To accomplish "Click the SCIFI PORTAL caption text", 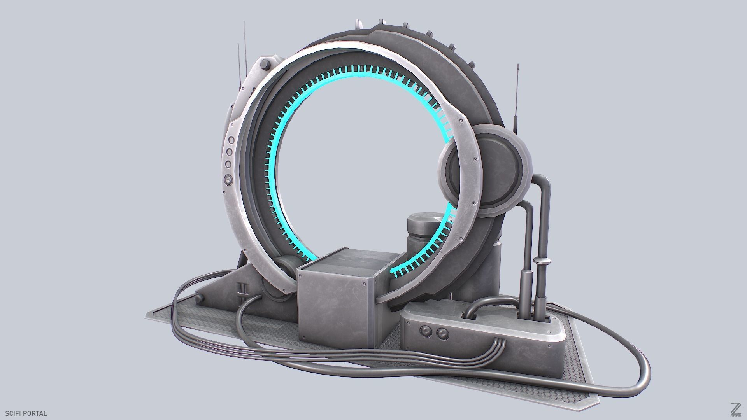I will pos(26,413).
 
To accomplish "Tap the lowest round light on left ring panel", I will pos(228,180).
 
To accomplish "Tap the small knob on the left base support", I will pos(200,298).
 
